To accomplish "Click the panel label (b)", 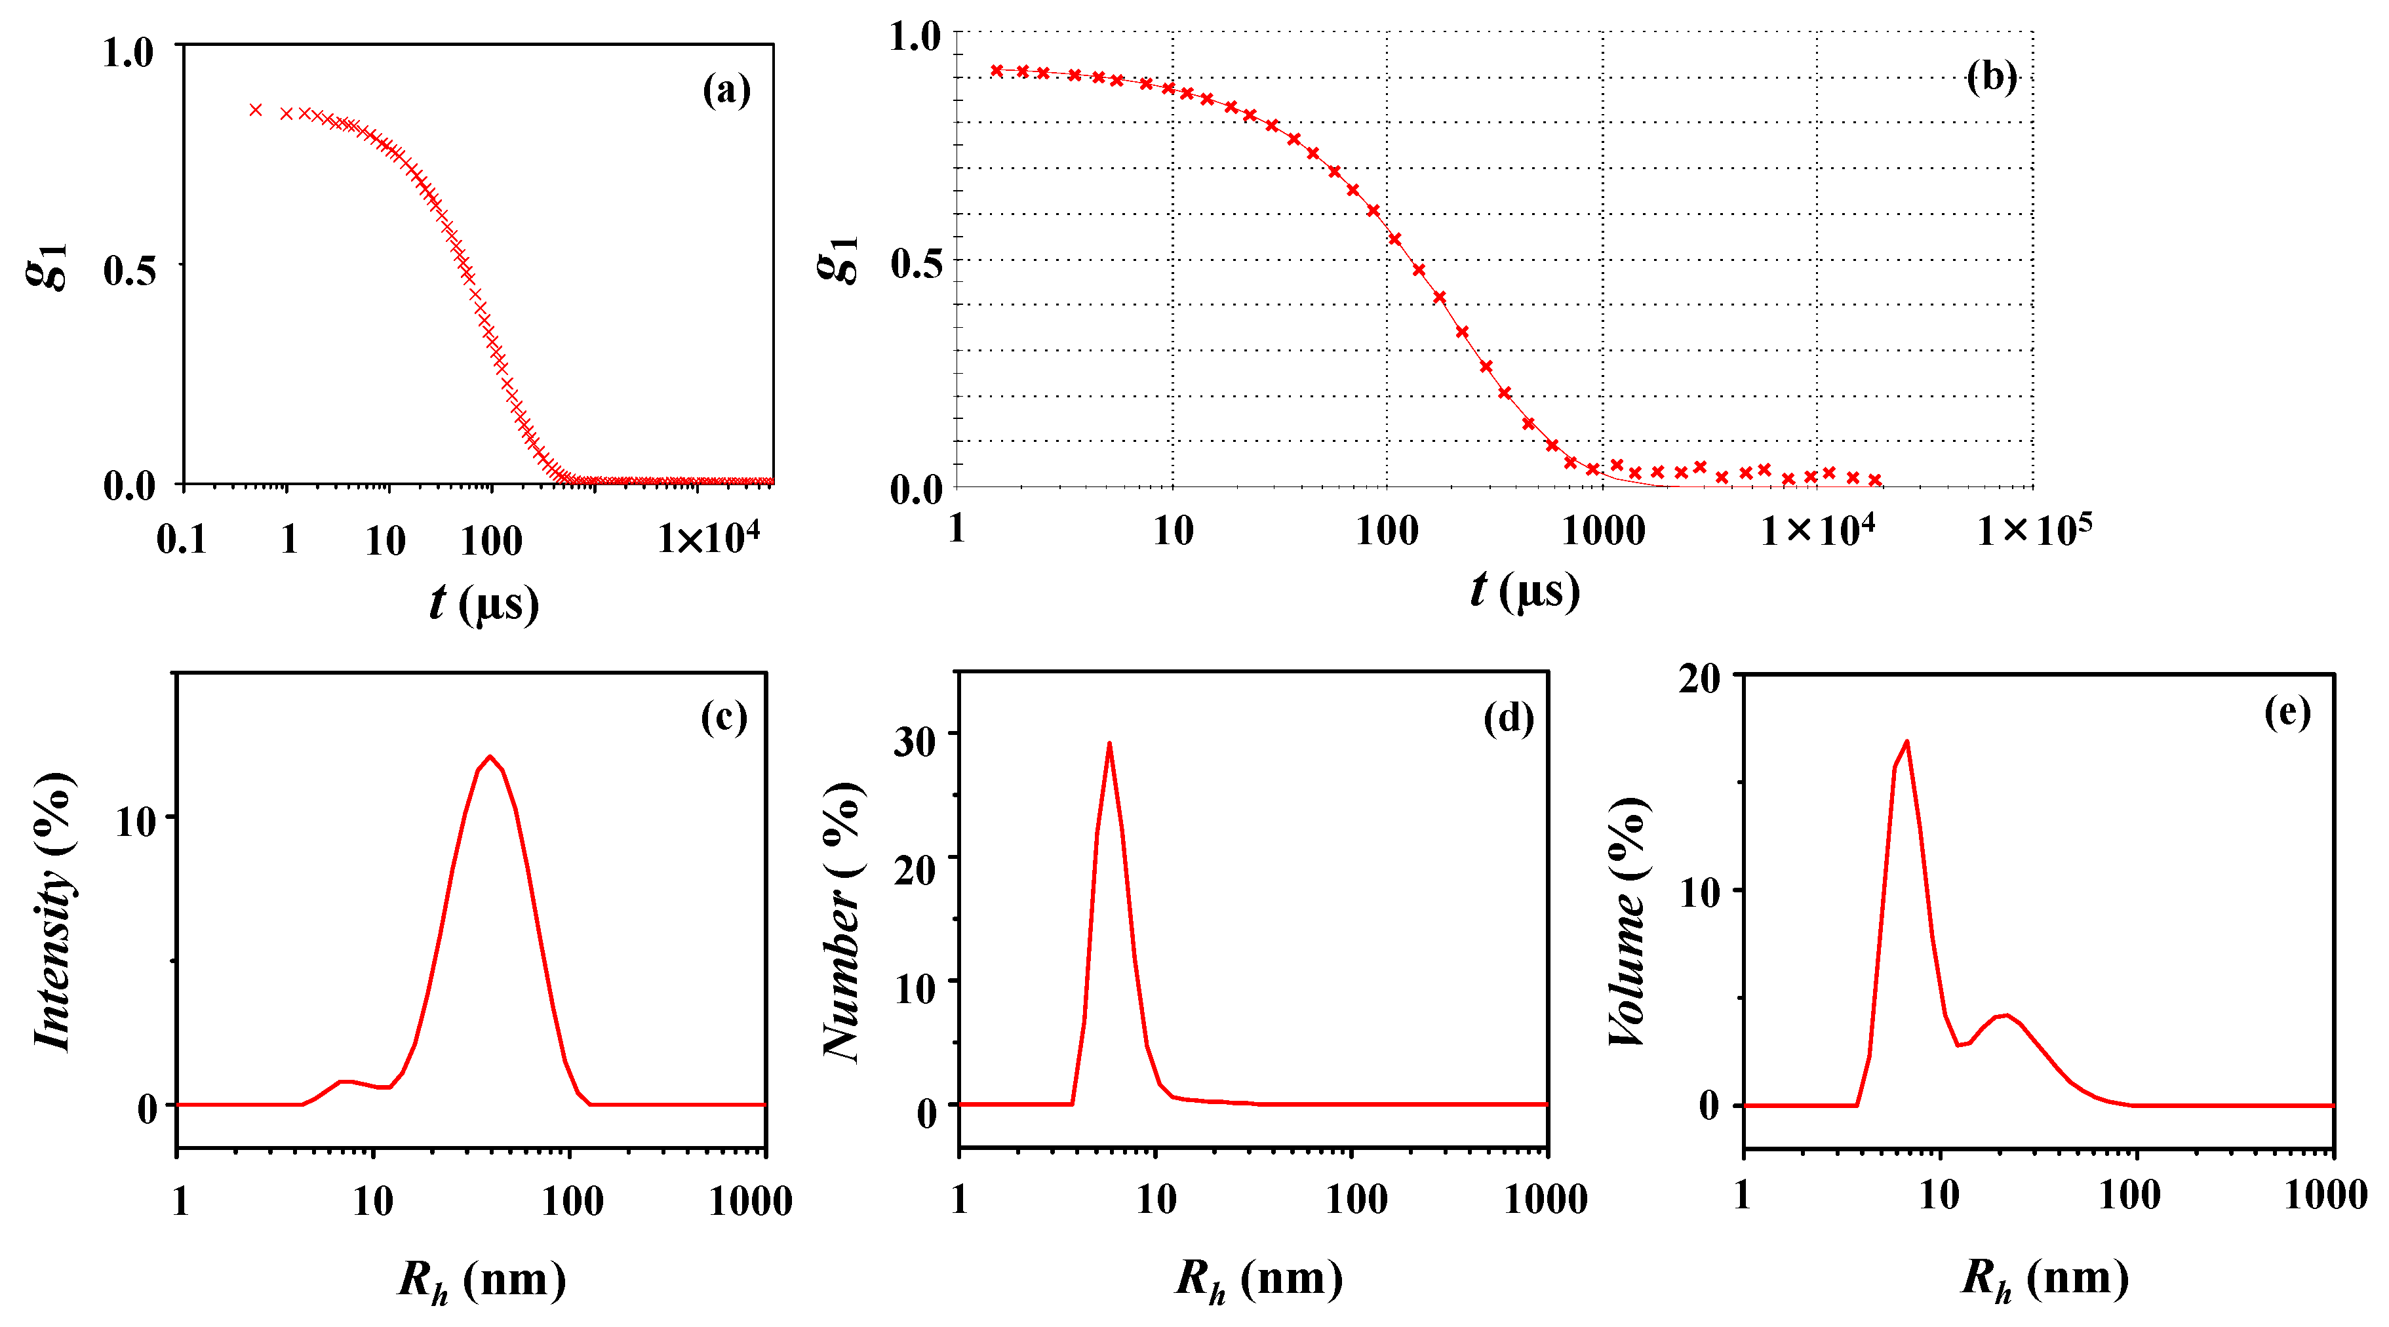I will tap(1990, 78).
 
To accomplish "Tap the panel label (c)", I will tap(723, 717).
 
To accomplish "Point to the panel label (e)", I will tap(2287, 712).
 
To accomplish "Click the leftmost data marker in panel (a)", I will tap(256, 110).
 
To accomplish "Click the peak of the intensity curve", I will tap(490, 757).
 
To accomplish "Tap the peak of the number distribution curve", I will tap(1109, 743).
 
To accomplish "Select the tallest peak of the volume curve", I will tap(1906, 742).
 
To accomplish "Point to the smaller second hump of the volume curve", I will tap(2006, 1016).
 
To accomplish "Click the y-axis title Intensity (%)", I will tap(54, 911).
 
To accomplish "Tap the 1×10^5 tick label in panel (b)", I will tap(2034, 531).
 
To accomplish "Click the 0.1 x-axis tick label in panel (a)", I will tap(182, 540).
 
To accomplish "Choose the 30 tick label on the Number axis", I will tap(915, 742).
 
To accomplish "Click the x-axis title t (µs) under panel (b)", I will tap(1525, 591).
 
